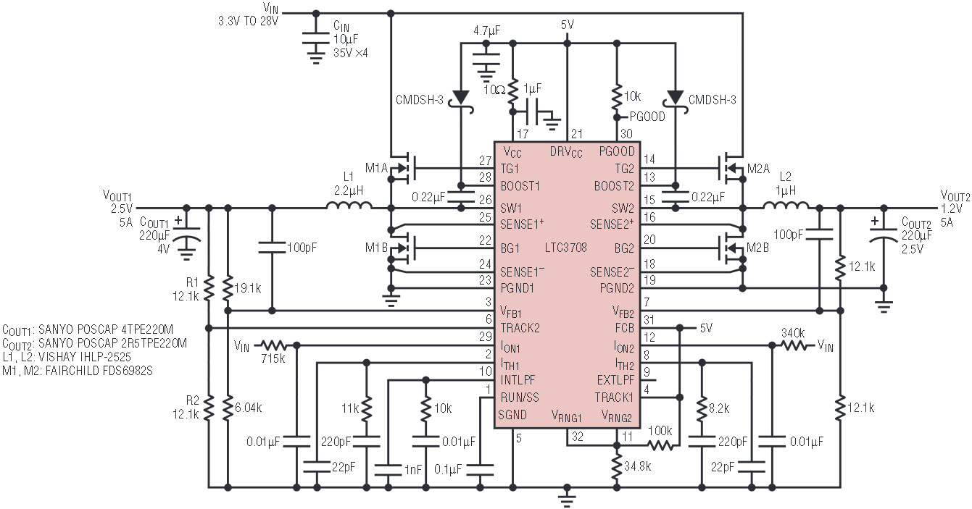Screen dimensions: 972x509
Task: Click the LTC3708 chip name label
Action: [x=566, y=248]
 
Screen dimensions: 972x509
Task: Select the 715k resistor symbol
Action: [x=274, y=345]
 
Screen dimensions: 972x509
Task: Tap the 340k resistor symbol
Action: [x=794, y=345]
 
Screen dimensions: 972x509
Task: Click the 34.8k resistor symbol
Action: [x=616, y=466]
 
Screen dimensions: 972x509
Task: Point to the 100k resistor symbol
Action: [x=660, y=445]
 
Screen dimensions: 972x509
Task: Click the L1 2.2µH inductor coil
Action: [x=349, y=205]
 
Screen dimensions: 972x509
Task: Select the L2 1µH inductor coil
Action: [x=786, y=205]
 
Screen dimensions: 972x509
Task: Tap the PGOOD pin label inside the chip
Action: [x=617, y=151]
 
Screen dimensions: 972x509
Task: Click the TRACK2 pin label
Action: [x=520, y=328]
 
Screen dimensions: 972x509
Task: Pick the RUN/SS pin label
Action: [x=520, y=397]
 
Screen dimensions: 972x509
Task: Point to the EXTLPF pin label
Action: [x=615, y=380]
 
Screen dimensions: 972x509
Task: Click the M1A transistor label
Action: [x=377, y=168]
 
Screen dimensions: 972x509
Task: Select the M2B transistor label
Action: [x=757, y=248]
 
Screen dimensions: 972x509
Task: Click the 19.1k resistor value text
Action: [x=248, y=288]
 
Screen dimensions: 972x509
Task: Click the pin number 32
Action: [x=578, y=437]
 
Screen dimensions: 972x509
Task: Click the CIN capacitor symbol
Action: [x=316, y=38]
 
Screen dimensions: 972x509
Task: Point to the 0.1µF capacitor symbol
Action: [x=480, y=469]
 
